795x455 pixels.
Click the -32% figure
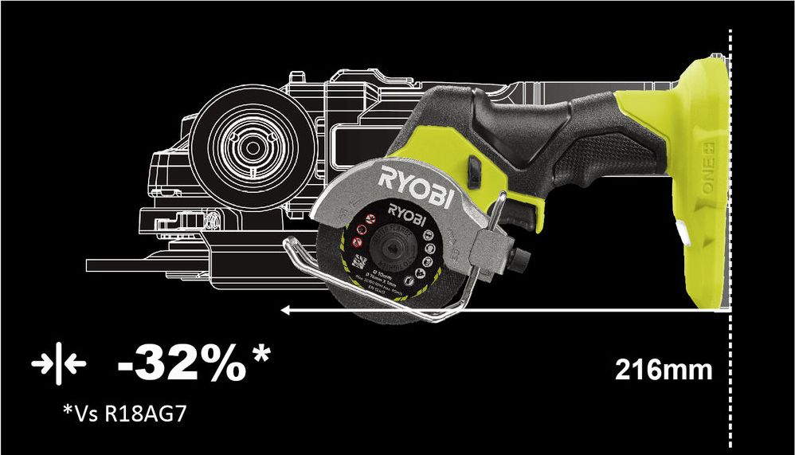tap(182, 365)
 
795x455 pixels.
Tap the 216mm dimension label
tap(663, 371)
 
